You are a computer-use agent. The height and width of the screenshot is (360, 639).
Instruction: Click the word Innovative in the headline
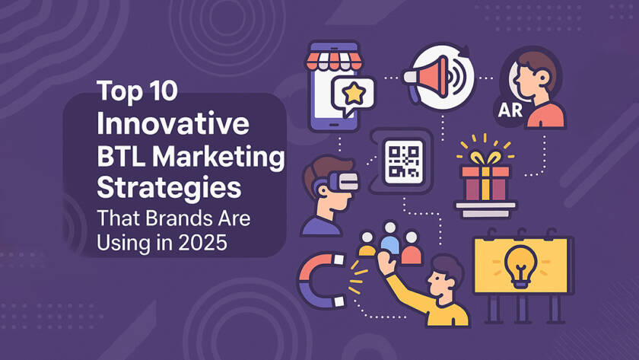click(x=173, y=123)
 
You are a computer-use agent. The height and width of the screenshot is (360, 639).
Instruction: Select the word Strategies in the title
click(x=169, y=188)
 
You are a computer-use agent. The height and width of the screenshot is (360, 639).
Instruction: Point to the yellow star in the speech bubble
click(x=354, y=94)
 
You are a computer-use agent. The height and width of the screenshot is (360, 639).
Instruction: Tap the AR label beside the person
click(x=510, y=110)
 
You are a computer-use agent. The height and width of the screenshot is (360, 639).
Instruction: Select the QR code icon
click(x=404, y=162)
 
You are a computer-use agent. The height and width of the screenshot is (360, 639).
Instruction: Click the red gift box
click(x=485, y=183)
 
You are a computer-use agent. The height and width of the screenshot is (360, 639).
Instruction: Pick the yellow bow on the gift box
click(x=485, y=158)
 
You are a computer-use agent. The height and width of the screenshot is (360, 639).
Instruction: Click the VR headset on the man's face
click(x=341, y=181)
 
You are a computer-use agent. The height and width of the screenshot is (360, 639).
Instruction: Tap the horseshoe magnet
click(x=320, y=281)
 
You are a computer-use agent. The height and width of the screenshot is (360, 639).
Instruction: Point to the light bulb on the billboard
click(x=521, y=267)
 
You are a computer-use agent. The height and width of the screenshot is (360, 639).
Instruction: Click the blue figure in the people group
click(x=390, y=240)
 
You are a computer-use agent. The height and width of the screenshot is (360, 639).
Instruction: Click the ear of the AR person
click(x=544, y=76)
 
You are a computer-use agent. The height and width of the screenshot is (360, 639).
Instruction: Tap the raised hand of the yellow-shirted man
click(x=386, y=262)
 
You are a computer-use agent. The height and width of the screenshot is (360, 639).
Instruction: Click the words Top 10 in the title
click(x=137, y=91)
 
